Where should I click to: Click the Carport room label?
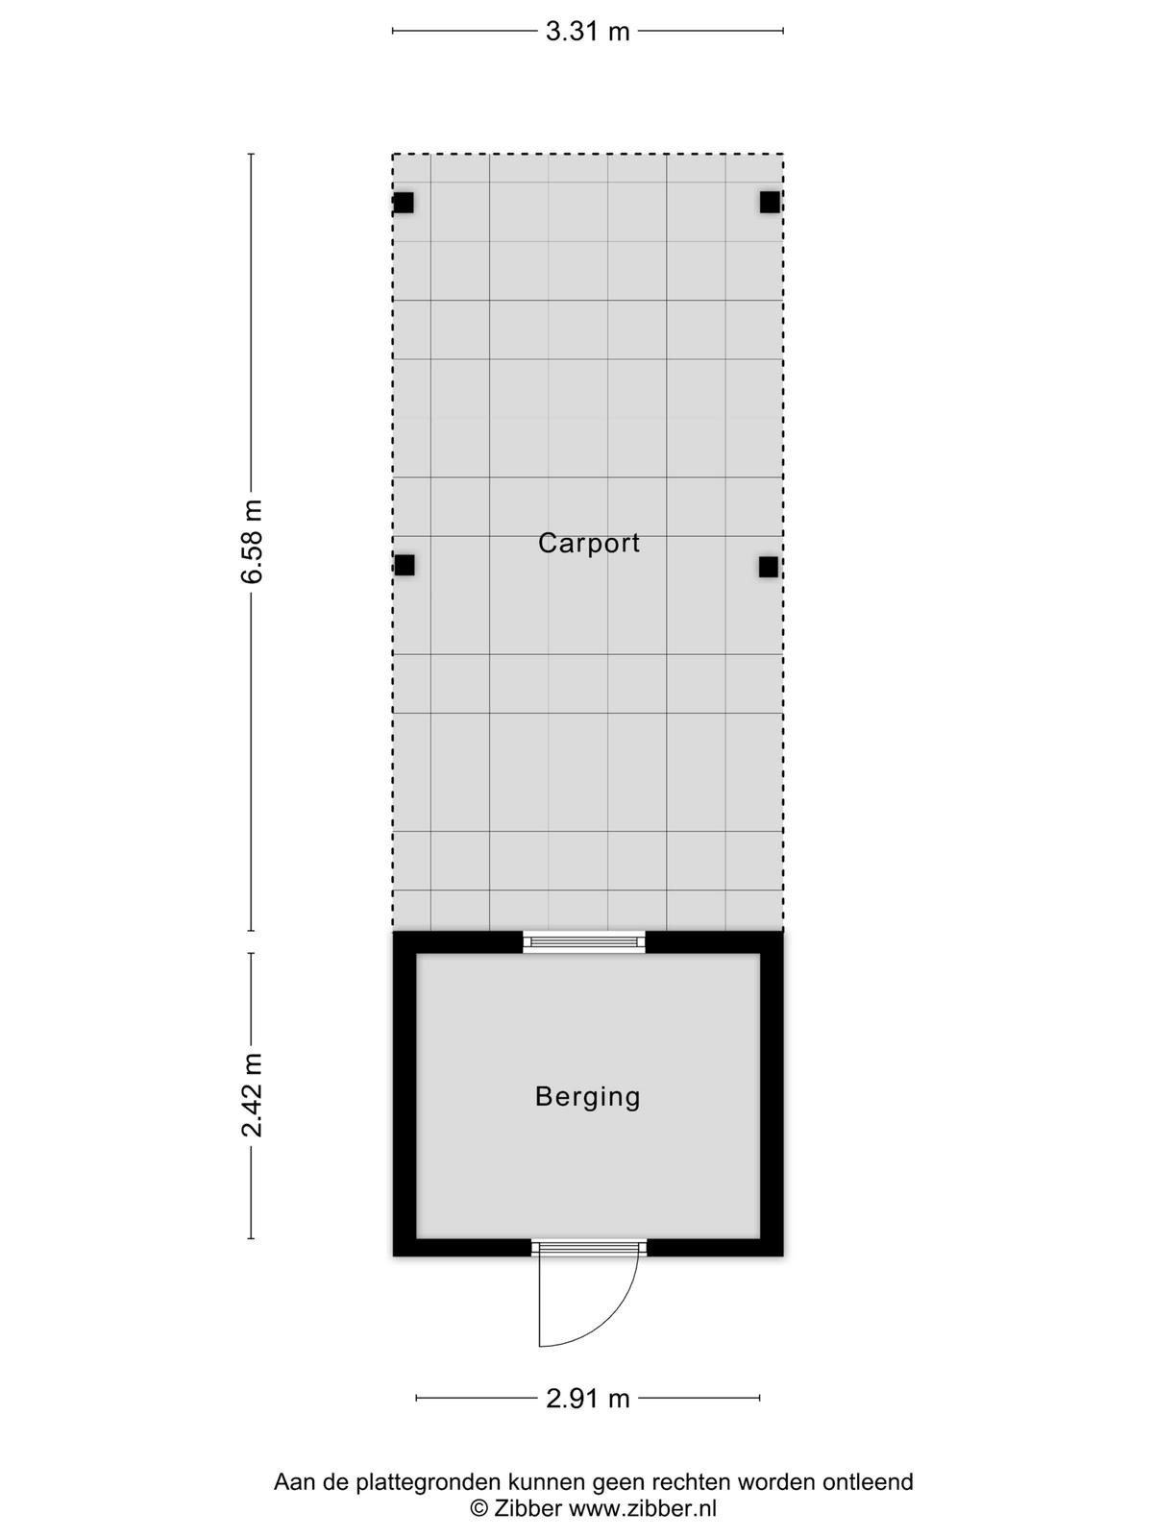tap(589, 544)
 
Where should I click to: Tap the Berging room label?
tap(588, 1097)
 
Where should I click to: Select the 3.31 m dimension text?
tap(587, 32)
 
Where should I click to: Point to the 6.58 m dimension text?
tap(252, 541)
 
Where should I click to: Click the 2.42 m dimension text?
tap(252, 1095)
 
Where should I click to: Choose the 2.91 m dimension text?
tap(587, 1399)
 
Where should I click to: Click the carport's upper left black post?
tap(404, 203)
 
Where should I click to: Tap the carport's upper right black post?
tap(770, 203)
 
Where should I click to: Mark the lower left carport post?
tap(405, 565)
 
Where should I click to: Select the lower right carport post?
tap(769, 567)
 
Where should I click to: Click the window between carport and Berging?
tap(584, 941)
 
